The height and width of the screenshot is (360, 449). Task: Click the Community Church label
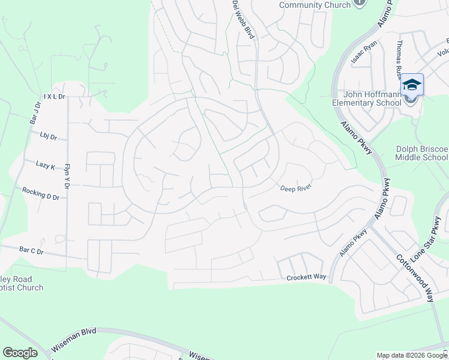click(x=315, y=5)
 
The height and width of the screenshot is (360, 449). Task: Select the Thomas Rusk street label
click(x=399, y=61)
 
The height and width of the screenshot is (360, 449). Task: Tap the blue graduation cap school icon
click(x=412, y=85)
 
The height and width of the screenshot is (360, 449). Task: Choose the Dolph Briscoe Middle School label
click(x=421, y=153)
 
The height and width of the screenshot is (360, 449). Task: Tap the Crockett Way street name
click(x=306, y=277)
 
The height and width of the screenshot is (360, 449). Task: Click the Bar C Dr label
click(x=32, y=249)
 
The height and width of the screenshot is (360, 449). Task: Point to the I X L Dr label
click(x=53, y=96)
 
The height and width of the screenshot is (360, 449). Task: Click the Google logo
click(x=20, y=353)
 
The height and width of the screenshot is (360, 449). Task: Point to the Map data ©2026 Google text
click(x=412, y=356)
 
